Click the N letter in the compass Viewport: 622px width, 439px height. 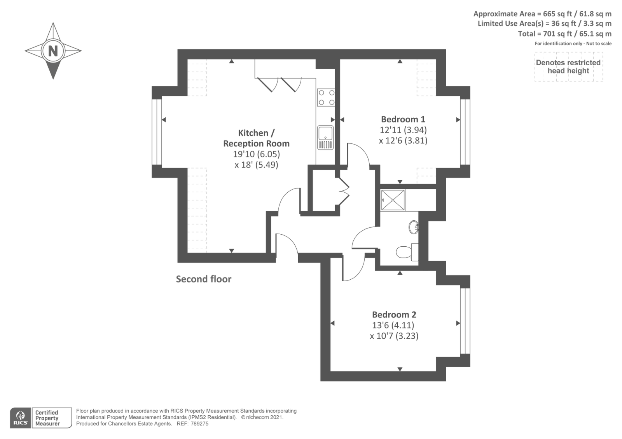(x=53, y=51)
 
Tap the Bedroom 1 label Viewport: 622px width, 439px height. (x=403, y=119)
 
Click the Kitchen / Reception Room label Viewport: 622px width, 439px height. (x=256, y=138)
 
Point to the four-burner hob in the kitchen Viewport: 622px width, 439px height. (x=326, y=98)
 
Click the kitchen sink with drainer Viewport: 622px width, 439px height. (x=325, y=138)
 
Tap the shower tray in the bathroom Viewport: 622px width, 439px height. (x=393, y=200)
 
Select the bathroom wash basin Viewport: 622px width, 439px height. (x=414, y=227)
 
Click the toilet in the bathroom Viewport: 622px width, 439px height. (x=407, y=252)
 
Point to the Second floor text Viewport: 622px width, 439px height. (x=203, y=279)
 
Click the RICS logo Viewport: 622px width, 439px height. (x=20, y=418)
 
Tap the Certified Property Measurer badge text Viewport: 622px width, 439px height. (x=47, y=418)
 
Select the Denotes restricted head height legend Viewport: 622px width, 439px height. (x=568, y=67)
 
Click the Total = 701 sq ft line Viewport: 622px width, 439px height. (x=564, y=34)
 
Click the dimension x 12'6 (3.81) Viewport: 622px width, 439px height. (x=403, y=141)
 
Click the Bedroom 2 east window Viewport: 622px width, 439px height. (x=465, y=321)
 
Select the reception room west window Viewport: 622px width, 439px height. (x=157, y=132)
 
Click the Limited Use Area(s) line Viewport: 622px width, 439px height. (x=544, y=24)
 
